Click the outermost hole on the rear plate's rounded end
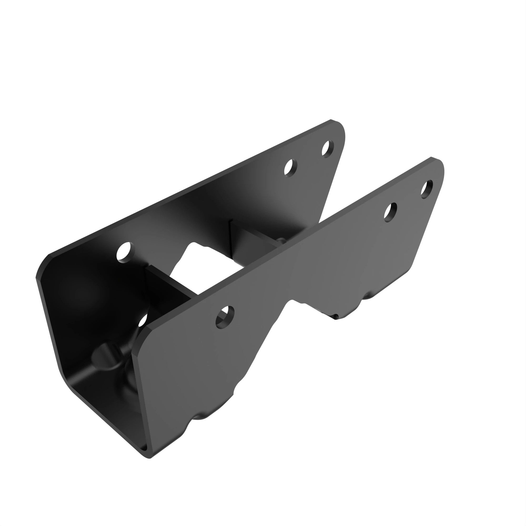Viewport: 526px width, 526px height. tap(327, 148)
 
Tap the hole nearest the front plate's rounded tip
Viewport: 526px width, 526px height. tap(427, 189)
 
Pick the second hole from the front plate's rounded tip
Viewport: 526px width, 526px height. tap(390, 212)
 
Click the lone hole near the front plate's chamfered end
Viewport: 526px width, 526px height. tap(225, 317)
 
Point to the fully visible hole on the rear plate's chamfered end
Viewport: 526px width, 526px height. tap(125, 252)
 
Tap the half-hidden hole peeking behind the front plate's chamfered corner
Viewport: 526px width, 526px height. tap(143, 321)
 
